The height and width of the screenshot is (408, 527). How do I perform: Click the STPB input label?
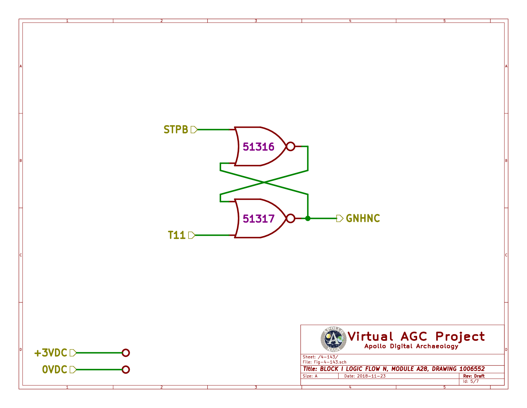tap(176, 130)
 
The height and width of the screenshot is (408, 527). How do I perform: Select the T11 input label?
tap(177, 235)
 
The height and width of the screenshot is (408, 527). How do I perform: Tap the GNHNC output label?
tap(363, 219)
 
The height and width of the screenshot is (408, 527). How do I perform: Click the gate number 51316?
tap(258, 147)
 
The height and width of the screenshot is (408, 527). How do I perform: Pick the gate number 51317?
tap(258, 219)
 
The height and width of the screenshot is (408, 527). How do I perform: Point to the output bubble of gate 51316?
tap(290, 147)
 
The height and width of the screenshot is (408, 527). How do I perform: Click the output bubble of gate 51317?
tap(290, 219)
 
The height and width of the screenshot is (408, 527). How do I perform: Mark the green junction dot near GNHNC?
tap(308, 219)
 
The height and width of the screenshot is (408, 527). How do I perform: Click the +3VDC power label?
tap(51, 353)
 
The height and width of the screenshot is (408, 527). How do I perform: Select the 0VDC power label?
tap(55, 370)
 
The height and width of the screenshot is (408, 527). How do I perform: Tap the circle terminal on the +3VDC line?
tap(126, 353)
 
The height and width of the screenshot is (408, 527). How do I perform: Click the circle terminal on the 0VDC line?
tap(126, 370)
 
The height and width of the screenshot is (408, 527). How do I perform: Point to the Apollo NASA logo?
tap(333, 339)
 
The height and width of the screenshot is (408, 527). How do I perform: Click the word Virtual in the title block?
tap(370, 337)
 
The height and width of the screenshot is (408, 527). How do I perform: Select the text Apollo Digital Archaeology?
tap(411, 346)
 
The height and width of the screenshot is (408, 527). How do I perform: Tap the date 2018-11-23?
tap(371, 376)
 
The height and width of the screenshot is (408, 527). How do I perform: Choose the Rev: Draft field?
tap(474, 376)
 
